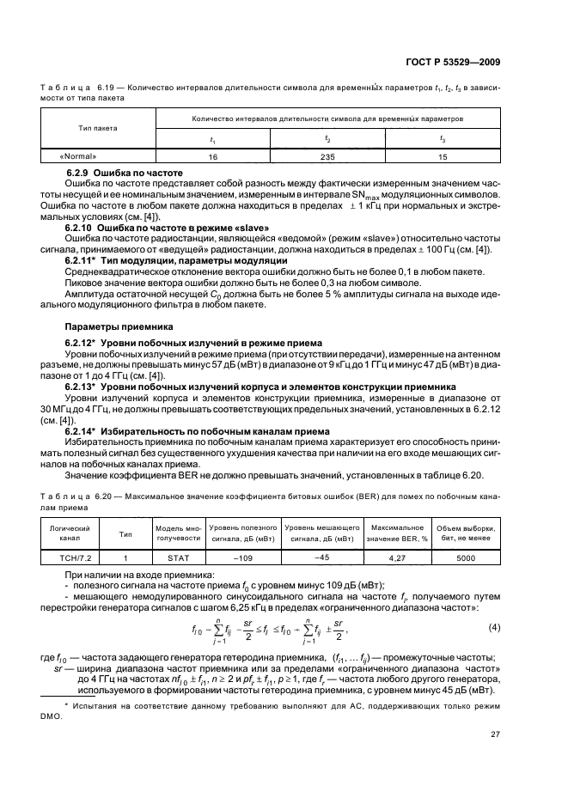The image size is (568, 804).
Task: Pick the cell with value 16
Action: tap(212, 157)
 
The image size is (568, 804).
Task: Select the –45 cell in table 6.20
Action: tap(323, 557)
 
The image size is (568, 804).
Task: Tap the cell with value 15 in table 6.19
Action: tap(442, 157)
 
